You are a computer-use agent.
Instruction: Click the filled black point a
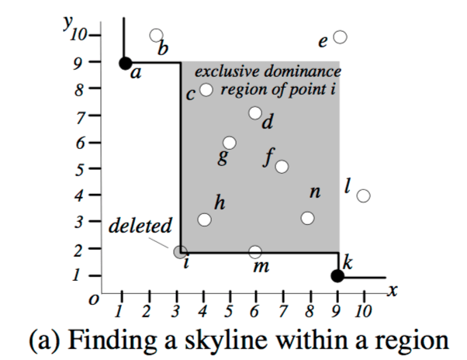pyautogui.click(x=124, y=64)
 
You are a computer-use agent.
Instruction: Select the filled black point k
pyautogui.click(x=337, y=276)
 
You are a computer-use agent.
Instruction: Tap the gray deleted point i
pyautogui.click(x=180, y=252)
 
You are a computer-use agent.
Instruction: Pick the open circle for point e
pyautogui.click(x=340, y=36)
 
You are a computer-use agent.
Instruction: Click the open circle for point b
pyautogui.click(x=156, y=36)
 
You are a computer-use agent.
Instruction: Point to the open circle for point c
pyautogui.click(x=206, y=89)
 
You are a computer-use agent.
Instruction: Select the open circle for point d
pyautogui.click(x=255, y=113)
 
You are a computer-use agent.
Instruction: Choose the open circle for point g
pyautogui.click(x=230, y=143)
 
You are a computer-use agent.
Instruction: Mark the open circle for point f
pyautogui.click(x=282, y=167)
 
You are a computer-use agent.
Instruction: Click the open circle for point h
pyautogui.click(x=204, y=220)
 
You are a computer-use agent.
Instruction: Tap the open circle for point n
pyautogui.click(x=308, y=218)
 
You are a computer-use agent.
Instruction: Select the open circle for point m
pyautogui.click(x=255, y=252)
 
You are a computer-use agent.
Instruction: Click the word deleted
pyautogui.click(x=140, y=228)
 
